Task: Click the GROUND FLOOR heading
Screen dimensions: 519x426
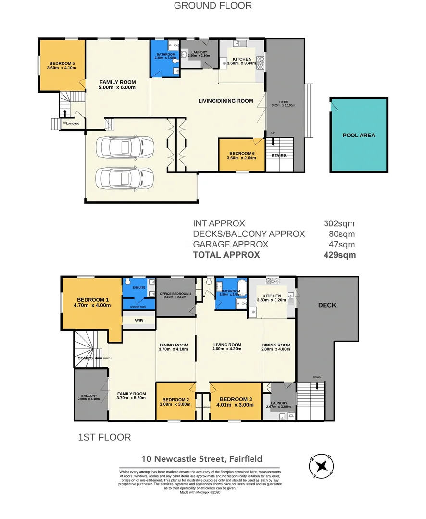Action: coord(213,6)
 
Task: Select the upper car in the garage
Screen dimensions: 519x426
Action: coord(125,147)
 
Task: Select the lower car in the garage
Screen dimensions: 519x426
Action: coord(125,178)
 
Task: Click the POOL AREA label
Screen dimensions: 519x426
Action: coord(359,136)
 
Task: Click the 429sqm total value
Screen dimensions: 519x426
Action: coord(340,255)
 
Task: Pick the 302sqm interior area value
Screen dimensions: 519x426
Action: coord(339,223)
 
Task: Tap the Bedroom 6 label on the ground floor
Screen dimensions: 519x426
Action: coord(241,153)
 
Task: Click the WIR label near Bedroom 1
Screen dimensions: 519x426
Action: coord(138,320)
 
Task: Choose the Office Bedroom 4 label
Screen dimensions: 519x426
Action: coord(175,294)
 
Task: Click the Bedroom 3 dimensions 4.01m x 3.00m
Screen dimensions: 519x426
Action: coord(235,405)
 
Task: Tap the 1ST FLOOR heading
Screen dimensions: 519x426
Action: coord(104,438)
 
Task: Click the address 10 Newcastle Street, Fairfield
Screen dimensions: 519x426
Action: coord(201,459)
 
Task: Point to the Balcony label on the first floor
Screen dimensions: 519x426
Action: coord(88,396)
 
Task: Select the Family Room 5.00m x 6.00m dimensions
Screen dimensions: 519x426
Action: coord(117,87)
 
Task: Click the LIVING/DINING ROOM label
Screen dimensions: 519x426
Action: coord(226,101)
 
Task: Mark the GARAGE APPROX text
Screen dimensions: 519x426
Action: coord(231,245)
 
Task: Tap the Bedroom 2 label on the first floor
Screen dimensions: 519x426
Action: coord(176,400)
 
